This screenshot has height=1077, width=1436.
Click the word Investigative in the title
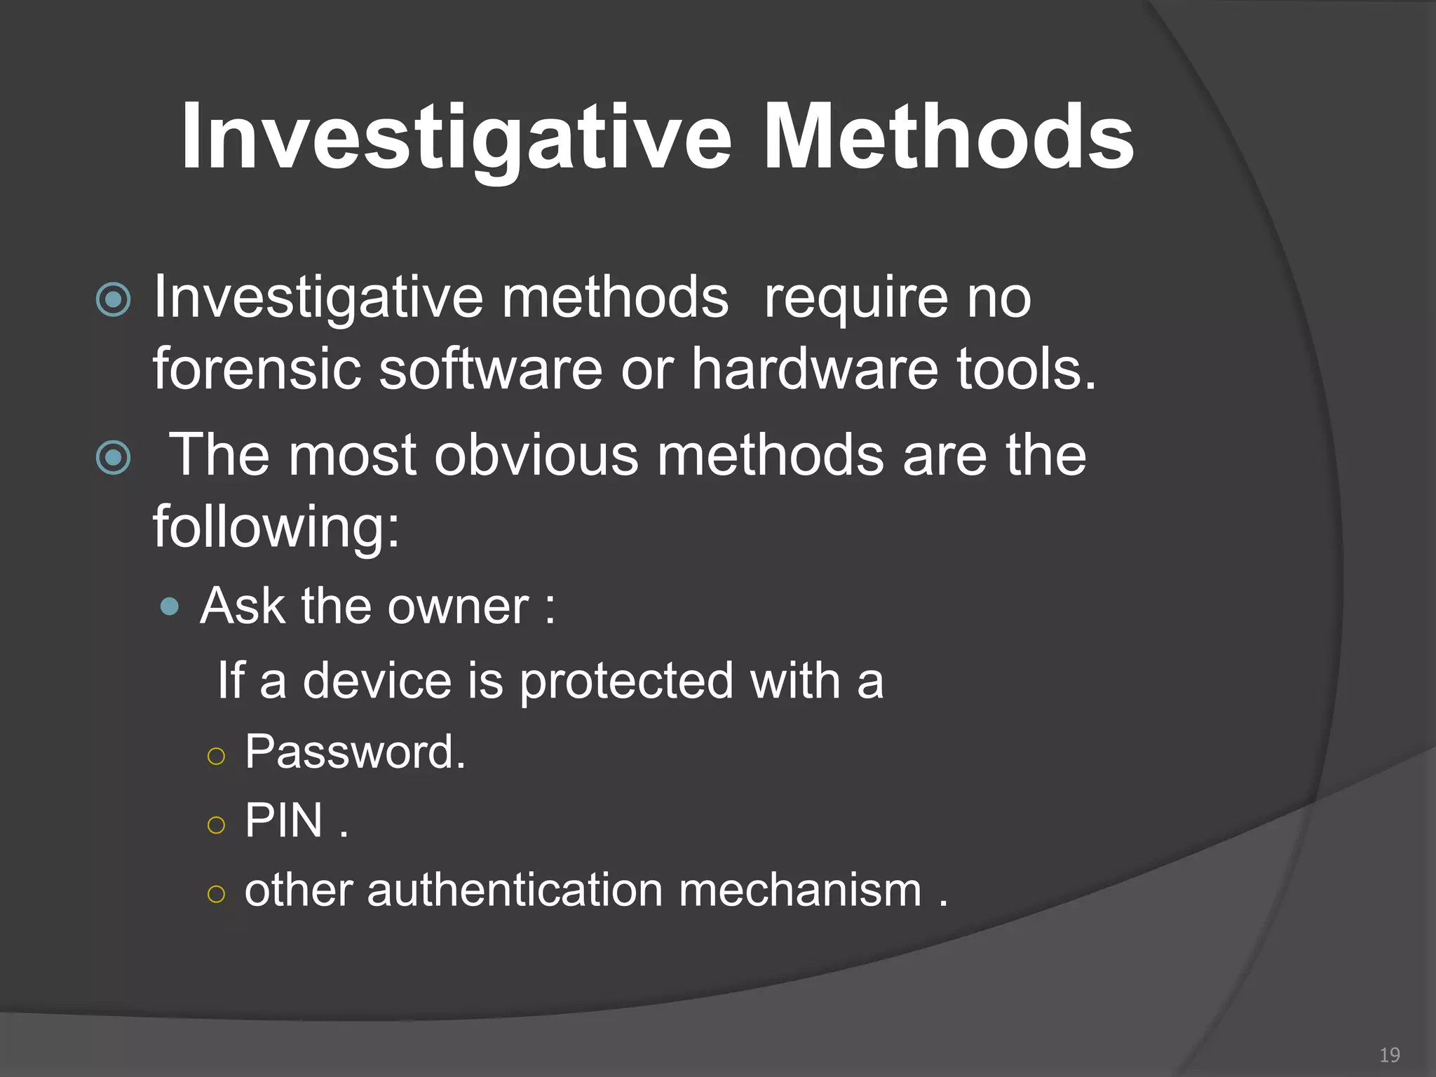[x=456, y=136]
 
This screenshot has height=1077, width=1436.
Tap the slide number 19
[x=1389, y=1055]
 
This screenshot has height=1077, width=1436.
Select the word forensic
[x=257, y=369]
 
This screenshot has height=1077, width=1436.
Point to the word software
[x=490, y=369]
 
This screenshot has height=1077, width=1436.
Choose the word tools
[x=1027, y=369]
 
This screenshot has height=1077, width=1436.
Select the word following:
[x=276, y=527]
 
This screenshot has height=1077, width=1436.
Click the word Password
[x=355, y=752]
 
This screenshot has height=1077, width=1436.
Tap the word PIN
[x=283, y=820]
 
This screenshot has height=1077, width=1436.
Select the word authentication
[x=515, y=890]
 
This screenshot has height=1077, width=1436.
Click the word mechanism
[x=799, y=890]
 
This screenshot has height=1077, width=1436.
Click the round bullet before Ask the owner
[x=169, y=607]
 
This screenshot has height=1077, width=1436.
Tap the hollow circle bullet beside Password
[x=217, y=756]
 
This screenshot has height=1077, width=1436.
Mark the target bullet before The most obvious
[x=113, y=458]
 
